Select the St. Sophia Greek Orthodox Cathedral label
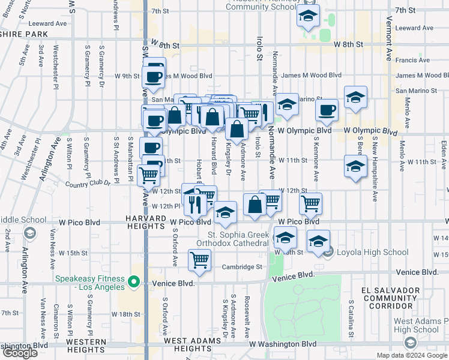[238, 238]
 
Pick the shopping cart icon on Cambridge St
[199, 261]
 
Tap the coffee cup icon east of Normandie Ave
[327, 110]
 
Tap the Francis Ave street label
[416, 60]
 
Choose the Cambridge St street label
[243, 267]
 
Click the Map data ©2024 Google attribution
[411, 355]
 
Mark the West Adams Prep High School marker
[411, 343]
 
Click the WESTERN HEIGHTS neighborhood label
[86, 345]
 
